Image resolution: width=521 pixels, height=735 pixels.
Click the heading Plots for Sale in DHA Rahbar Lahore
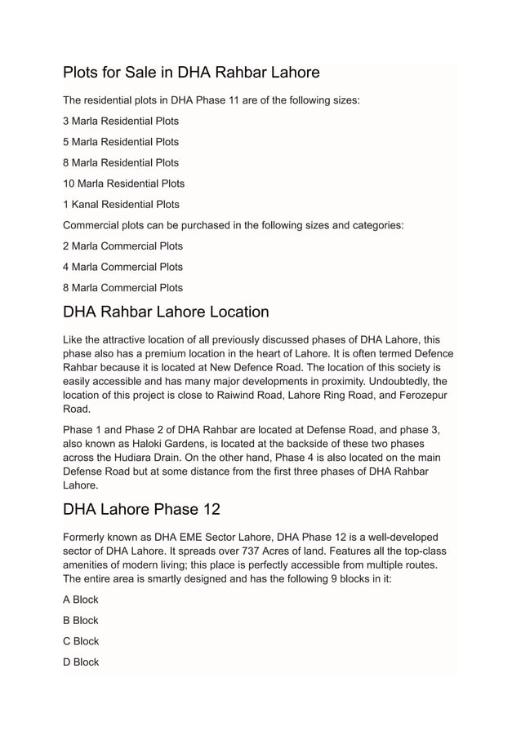pos(191,72)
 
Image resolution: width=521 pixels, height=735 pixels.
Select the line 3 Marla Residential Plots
pos(121,121)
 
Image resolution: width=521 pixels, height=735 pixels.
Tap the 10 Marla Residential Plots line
pos(123,184)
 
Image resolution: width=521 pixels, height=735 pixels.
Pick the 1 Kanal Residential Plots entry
pos(121,204)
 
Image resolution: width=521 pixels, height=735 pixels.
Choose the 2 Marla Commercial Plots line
pos(122,246)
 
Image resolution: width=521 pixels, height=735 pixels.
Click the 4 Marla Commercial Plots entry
pos(122,267)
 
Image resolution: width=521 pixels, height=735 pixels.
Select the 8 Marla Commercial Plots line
pos(122,287)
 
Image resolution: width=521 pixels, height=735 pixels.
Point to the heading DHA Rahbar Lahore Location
pos(166,312)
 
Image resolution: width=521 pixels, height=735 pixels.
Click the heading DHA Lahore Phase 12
pos(141,509)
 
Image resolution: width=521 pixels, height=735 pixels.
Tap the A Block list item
pos(80,600)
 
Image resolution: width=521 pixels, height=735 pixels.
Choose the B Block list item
pos(80,620)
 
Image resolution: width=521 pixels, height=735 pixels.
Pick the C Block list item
pos(81,641)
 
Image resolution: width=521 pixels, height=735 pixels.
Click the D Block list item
pos(81,662)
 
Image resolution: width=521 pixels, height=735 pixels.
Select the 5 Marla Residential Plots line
pos(121,142)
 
